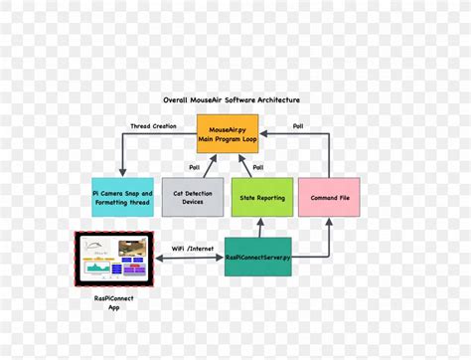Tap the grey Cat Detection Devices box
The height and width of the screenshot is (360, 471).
192,197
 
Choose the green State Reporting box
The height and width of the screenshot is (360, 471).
261,197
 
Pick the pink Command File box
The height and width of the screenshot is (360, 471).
329,197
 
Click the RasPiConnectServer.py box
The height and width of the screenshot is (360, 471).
257,257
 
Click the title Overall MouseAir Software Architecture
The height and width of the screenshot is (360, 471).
231,100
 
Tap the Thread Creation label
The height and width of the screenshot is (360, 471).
155,126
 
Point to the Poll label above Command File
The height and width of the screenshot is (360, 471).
298,126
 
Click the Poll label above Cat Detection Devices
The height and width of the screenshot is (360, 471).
195,167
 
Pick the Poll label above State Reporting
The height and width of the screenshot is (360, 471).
257,167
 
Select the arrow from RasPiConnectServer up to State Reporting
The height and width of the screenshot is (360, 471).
261,228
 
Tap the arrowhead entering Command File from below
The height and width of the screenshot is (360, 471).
329,221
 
